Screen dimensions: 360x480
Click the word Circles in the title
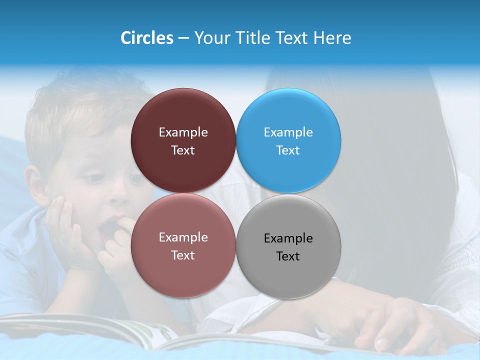tap(146, 38)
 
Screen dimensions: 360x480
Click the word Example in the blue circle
tap(288, 132)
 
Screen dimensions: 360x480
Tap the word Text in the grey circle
tap(288, 256)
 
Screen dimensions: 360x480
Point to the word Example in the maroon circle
tap(183, 132)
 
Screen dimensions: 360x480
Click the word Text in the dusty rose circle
tap(183, 255)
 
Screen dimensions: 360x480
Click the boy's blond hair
tap(75, 110)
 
